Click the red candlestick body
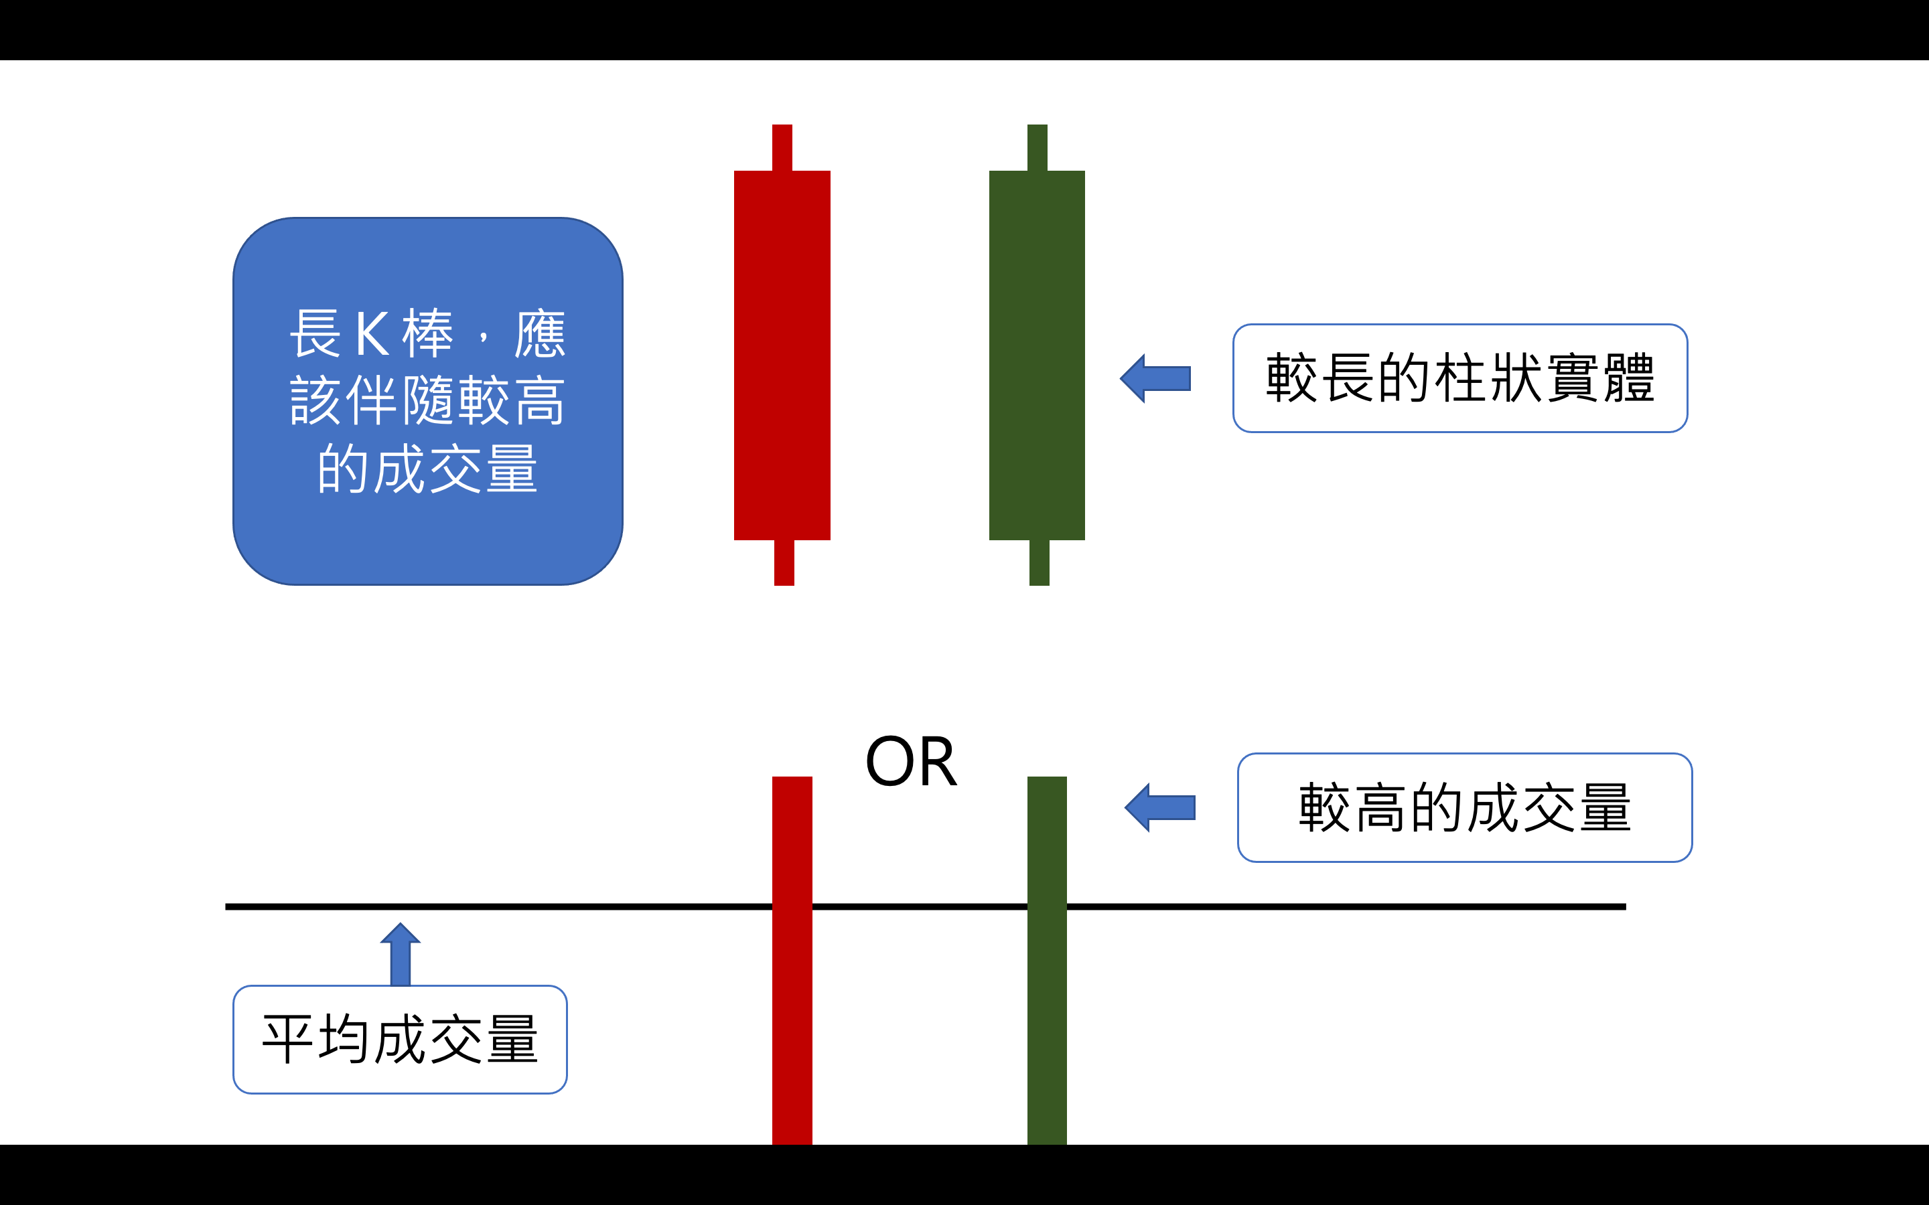tap(782, 355)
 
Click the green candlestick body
tap(1037, 355)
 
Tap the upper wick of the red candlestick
tap(782, 147)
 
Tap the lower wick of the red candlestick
tap(784, 562)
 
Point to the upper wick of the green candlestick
tap(1037, 147)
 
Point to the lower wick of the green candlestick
tap(1039, 562)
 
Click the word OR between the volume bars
tap(910, 762)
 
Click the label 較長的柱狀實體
tap(1459, 378)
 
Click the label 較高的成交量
tap(1464, 807)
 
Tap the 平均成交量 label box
tap(399, 1039)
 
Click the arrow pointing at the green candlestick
tap(1156, 378)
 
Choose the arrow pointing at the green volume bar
tap(1161, 807)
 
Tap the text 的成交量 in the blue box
tap(427, 469)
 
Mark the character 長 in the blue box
tap(315, 333)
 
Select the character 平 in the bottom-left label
tap(287, 1039)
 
